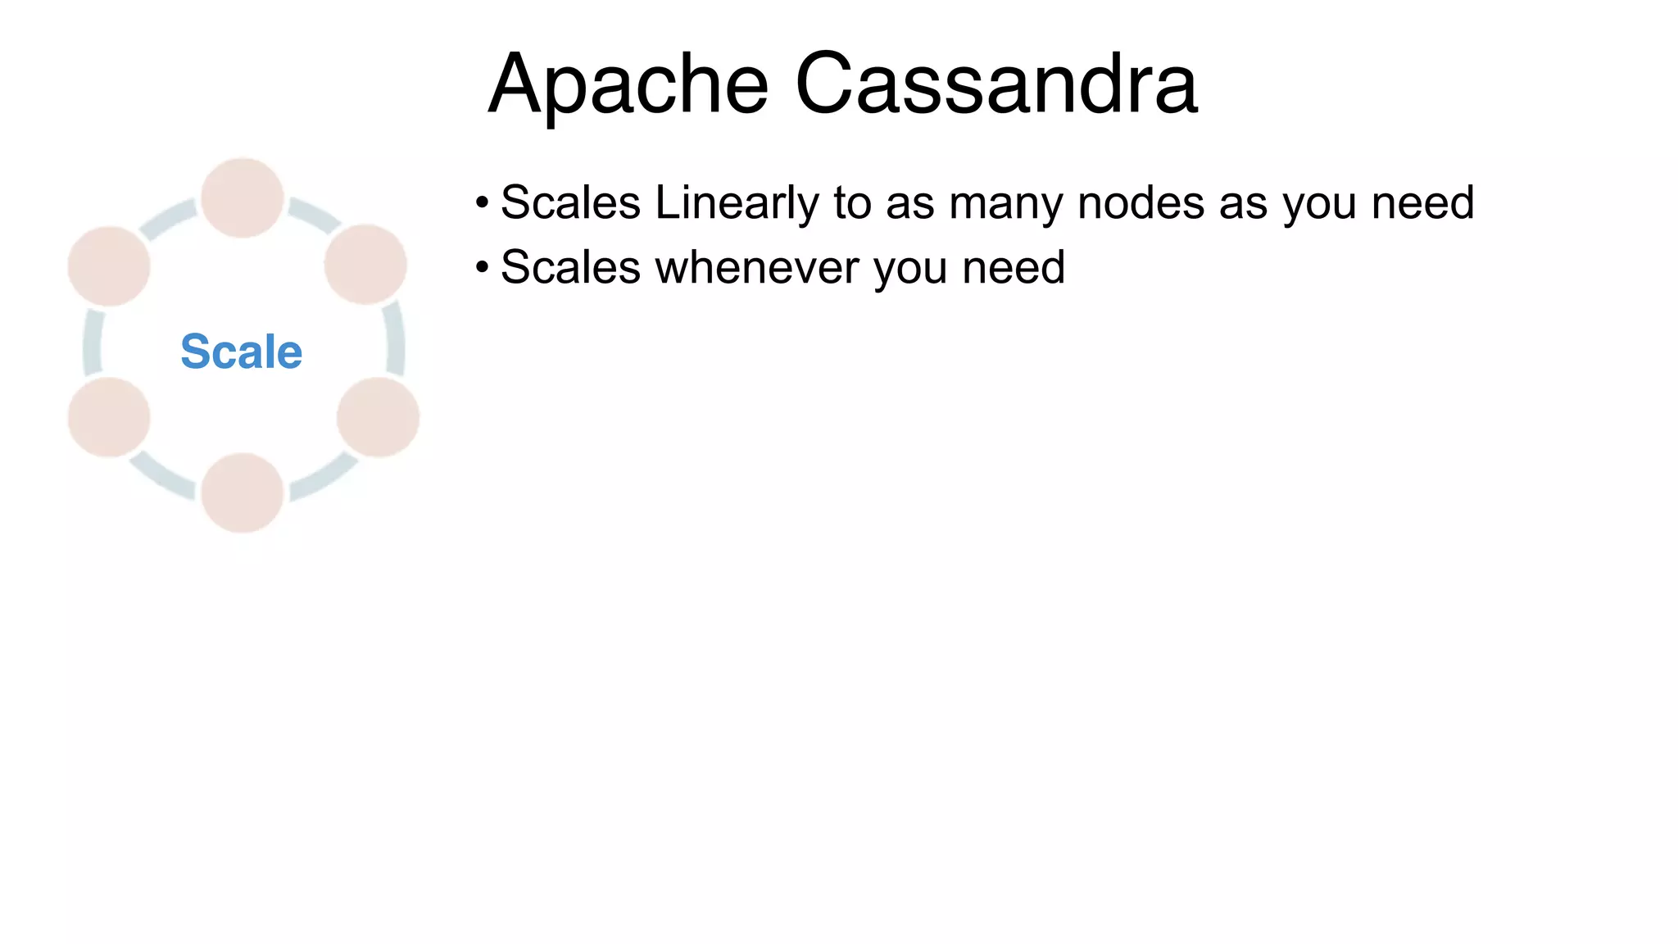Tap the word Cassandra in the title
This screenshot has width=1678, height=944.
point(996,85)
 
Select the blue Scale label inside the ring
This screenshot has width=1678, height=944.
point(242,352)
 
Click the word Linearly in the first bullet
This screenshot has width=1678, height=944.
point(737,203)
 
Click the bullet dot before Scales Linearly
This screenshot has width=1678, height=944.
point(482,202)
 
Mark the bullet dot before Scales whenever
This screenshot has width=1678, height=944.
point(482,267)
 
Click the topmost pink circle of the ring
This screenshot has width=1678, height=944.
point(243,197)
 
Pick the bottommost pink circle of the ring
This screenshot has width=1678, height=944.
point(243,492)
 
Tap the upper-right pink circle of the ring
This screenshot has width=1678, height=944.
point(365,265)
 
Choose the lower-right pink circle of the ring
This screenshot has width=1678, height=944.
point(378,417)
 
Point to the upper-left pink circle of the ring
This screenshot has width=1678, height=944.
point(109,266)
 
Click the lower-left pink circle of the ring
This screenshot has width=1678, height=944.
point(109,417)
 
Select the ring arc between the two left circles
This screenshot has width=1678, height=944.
point(92,343)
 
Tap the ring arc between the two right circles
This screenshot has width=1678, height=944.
point(395,339)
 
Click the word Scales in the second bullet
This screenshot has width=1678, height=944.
point(570,268)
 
